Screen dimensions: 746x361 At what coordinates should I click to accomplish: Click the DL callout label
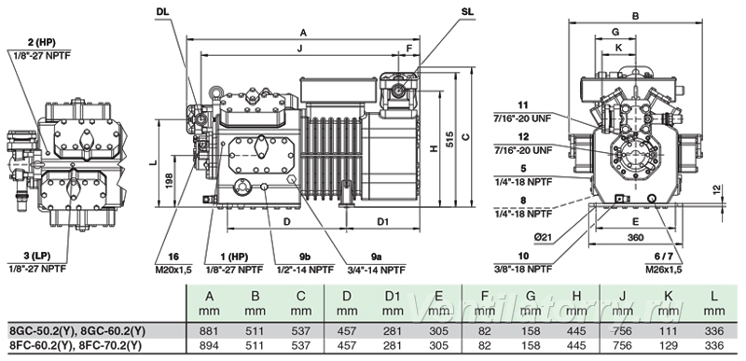pyautogui.click(x=162, y=12)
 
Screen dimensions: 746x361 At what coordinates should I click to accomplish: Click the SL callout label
pyautogui.click(x=467, y=12)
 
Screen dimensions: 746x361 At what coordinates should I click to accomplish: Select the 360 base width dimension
pyautogui.click(x=635, y=238)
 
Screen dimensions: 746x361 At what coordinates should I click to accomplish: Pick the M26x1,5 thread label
pyautogui.click(x=664, y=270)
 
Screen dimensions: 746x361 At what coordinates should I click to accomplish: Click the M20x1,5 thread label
pyautogui.click(x=173, y=270)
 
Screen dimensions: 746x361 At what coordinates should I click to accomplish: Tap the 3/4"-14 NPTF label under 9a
pyautogui.click(x=376, y=270)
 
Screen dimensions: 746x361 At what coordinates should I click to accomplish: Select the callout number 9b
pyautogui.click(x=305, y=257)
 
